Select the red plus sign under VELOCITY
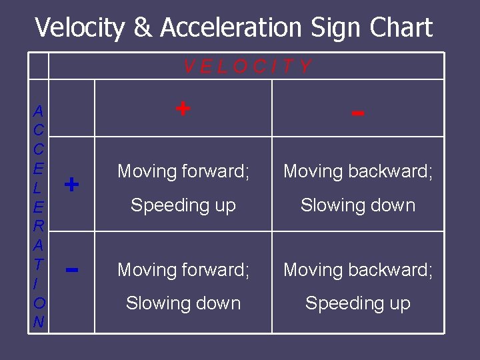[182, 107]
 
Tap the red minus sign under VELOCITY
[358, 113]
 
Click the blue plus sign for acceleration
[72, 184]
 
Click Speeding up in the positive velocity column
[183, 205]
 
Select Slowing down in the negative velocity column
[358, 205]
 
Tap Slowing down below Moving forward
[183, 303]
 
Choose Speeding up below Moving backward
[358, 303]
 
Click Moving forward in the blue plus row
[183, 171]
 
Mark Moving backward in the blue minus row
[358, 270]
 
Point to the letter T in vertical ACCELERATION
[39, 265]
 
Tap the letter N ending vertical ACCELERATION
[39, 322]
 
